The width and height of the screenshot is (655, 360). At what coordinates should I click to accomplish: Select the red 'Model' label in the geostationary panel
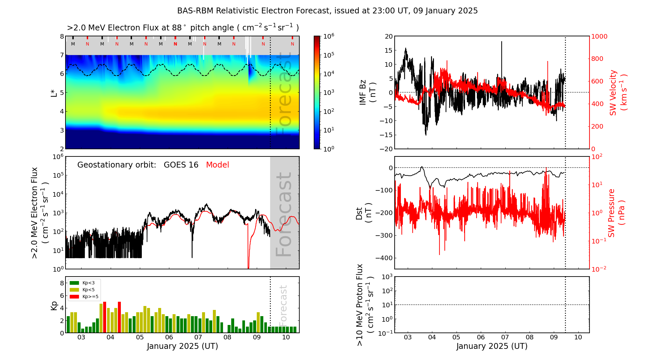pyautogui.click(x=217, y=165)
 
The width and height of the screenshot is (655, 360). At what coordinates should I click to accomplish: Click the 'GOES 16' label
pyautogui.click(x=181, y=165)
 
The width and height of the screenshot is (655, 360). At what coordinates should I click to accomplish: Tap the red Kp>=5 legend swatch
pyautogui.click(x=74, y=297)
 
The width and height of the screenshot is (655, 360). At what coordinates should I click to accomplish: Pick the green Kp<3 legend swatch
pyautogui.click(x=74, y=283)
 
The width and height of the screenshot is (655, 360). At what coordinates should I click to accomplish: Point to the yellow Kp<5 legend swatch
pyautogui.click(x=74, y=290)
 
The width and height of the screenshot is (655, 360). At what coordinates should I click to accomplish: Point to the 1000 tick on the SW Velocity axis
pyautogui.click(x=599, y=36)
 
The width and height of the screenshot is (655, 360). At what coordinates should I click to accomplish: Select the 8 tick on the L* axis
pyautogui.click(x=62, y=36)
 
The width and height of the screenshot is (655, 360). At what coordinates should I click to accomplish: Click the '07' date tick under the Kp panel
pyautogui.click(x=198, y=337)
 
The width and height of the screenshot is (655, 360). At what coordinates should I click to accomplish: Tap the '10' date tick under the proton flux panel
pyautogui.click(x=578, y=337)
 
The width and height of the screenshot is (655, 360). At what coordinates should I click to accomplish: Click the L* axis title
pyautogui.click(x=54, y=93)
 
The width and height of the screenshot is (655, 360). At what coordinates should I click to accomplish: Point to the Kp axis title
pyautogui.click(x=54, y=305)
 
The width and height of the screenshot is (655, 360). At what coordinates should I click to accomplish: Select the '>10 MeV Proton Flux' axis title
pyautogui.click(x=364, y=305)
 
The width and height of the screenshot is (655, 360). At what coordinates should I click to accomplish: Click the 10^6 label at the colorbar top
pyautogui.click(x=329, y=36)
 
